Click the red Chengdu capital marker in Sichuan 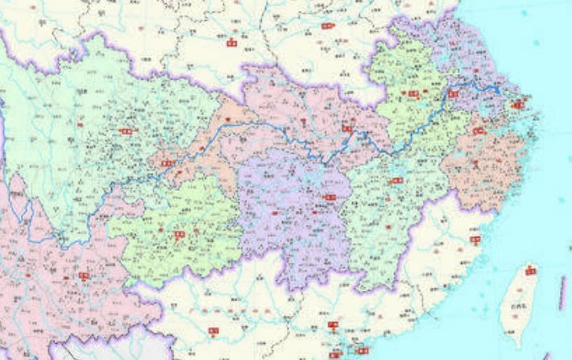point(125,130)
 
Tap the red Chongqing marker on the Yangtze point(168,163)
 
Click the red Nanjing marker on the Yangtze point(454,93)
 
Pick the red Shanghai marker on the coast point(517,103)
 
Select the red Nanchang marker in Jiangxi point(396,180)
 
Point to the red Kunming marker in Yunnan point(84,275)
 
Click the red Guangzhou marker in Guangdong point(332,325)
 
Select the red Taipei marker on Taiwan point(529,270)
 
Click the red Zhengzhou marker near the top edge point(328,27)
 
